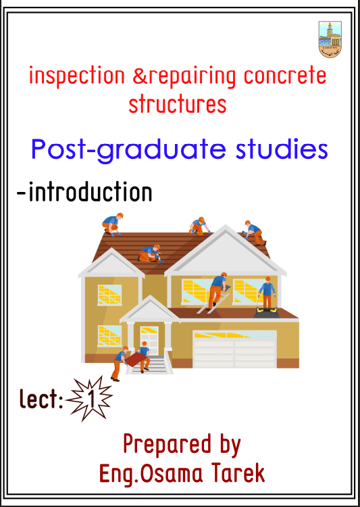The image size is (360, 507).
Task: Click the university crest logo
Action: coord(330,39)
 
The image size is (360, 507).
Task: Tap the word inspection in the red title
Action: coord(77,76)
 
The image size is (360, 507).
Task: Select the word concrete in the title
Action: coord(285,76)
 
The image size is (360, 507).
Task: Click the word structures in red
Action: coord(178,104)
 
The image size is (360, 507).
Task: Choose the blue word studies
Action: coord(282,149)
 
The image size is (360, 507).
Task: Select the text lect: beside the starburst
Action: coord(42,399)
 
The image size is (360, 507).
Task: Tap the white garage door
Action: coord(234,349)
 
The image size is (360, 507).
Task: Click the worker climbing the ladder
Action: coord(217,291)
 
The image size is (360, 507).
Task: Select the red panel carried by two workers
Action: coord(136,358)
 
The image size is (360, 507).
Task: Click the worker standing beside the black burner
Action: coord(267,291)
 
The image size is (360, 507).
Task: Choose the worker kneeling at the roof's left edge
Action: coord(112,224)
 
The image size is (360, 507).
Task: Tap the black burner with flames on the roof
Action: coord(265,312)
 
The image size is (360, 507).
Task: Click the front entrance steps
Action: coord(149,365)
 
